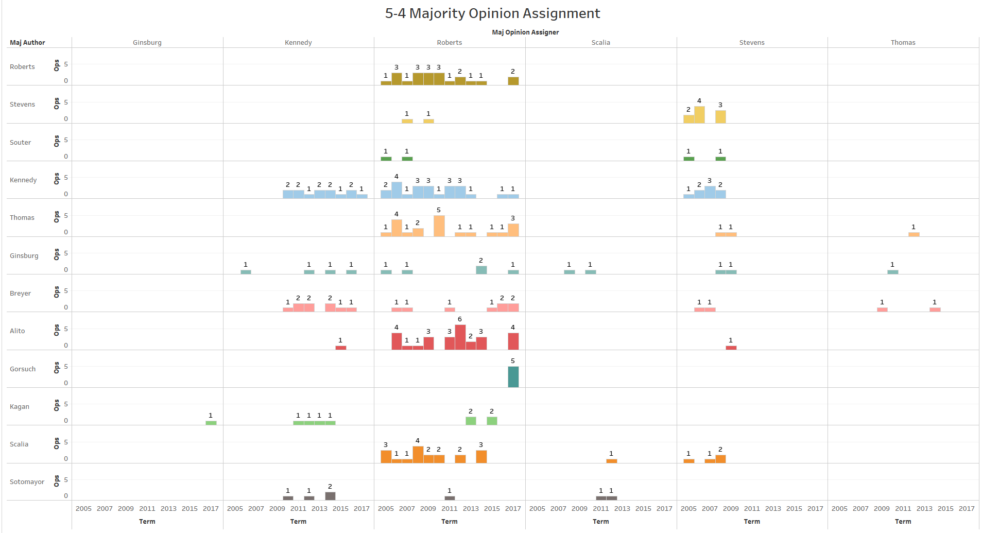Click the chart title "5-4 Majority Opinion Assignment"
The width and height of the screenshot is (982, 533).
pyautogui.click(x=492, y=13)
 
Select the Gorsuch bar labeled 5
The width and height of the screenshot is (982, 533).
pyautogui.click(x=513, y=377)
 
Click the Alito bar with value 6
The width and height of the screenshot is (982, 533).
pyautogui.click(x=460, y=337)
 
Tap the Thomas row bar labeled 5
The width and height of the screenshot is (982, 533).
pyautogui.click(x=439, y=226)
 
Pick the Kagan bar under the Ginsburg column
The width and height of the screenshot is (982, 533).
pyautogui.click(x=211, y=423)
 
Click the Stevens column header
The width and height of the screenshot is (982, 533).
pyautogui.click(x=751, y=43)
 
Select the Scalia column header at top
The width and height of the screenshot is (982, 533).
pyautogui.click(x=600, y=43)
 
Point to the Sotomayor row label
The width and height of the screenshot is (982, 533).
pyautogui.click(x=27, y=482)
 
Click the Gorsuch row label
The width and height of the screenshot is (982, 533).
pyautogui.click(x=23, y=369)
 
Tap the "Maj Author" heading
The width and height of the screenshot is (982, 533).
pyautogui.click(x=27, y=43)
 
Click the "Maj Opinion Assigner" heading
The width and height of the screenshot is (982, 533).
pyautogui.click(x=525, y=32)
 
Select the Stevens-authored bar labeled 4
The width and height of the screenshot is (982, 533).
pyautogui.click(x=699, y=115)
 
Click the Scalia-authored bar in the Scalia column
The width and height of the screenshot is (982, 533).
pyautogui.click(x=611, y=461)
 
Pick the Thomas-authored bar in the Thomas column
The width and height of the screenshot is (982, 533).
pyautogui.click(x=914, y=234)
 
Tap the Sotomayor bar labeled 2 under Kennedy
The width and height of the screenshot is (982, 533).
pyautogui.click(x=330, y=496)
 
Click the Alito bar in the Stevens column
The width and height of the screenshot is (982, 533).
pyautogui.click(x=731, y=348)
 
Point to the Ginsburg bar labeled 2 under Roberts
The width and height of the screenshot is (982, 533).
pyautogui.click(x=481, y=270)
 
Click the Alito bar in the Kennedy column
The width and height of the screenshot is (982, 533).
pyautogui.click(x=340, y=348)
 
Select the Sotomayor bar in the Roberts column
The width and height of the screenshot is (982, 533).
pyautogui.click(x=450, y=498)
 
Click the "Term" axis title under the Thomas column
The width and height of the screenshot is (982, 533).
pyautogui.click(x=903, y=522)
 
